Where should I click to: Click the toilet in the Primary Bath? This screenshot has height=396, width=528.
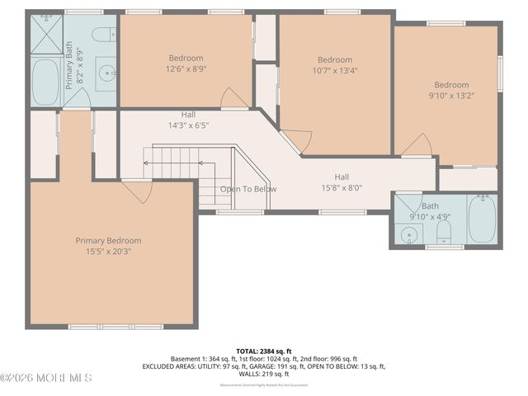[104, 35]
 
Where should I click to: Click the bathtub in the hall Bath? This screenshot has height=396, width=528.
[482, 219]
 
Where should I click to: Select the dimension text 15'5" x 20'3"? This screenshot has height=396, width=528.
[104, 251]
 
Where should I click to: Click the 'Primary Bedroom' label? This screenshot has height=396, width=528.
[104, 240]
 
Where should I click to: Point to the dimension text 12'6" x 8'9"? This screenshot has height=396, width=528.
[186, 69]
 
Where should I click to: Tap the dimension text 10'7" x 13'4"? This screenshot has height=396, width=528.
[335, 71]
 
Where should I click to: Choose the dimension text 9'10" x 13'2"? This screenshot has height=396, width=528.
[451, 96]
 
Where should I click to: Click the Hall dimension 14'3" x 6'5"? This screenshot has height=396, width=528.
[189, 126]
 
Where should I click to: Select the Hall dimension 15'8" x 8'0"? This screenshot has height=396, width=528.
[341, 187]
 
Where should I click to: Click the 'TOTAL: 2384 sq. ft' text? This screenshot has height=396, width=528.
[263, 351]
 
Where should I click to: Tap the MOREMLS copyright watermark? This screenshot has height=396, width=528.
[46, 378]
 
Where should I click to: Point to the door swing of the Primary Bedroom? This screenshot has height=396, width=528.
[138, 191]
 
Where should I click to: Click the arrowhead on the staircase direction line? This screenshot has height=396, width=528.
[145, 163]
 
